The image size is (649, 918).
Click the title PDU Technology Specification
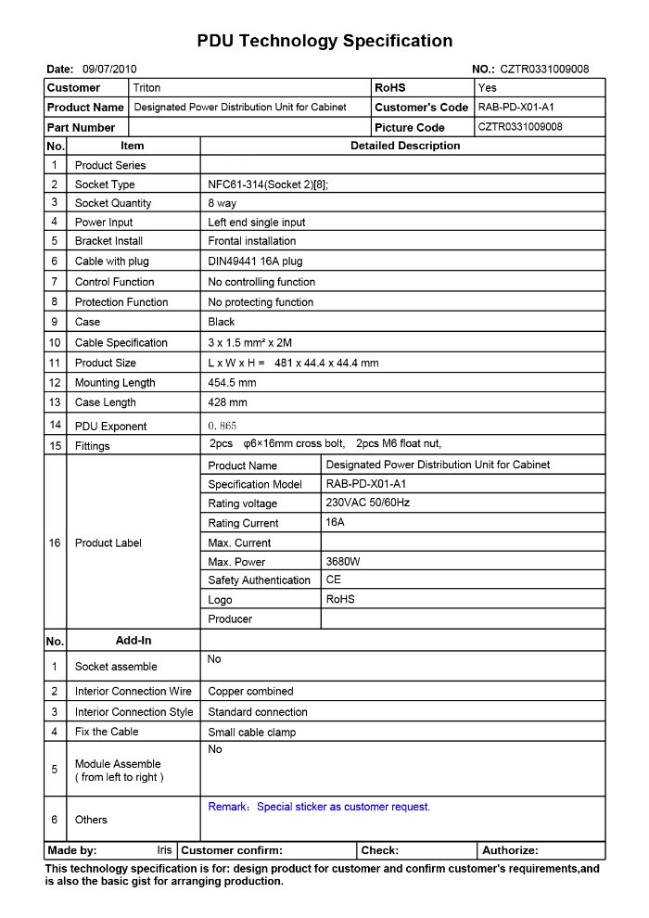pyautogui.click(x=324, y=41)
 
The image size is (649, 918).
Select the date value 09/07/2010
pyautogui.click(x=109, y=69)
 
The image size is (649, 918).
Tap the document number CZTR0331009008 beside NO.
pyautogui.click(x=544, y=69)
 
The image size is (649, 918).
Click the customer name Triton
pyautogui.click(x=147, y=88)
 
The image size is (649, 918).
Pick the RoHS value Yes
pyautogui.click(x=488, y=88)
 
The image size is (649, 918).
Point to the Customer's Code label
pyautogui.click(x=422, y=108)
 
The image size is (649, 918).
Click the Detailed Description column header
pyautogui.click(x=404, y=146)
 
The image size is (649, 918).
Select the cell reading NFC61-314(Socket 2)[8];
pyautogui.click(x=268, y=185)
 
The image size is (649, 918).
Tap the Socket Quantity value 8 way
pyautogui.click(x=223, y=203)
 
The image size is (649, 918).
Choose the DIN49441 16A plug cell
pyautogui.click(x=255, y=261)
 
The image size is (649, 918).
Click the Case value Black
pyautogui.click(x=222, y=322)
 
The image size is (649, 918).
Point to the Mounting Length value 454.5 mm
pyautogui.click(x=232, y=382)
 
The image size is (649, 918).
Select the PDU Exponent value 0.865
pyautogui.click(x=223, y=427)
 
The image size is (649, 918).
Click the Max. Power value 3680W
pyautogui.click(x=343, y=562)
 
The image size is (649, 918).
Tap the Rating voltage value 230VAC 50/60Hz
pyautogui.click(x=368, y=503)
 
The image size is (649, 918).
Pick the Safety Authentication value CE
pyautogui.click(x=334, y=580)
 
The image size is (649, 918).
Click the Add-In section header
pyautogui.click(x=134, y=641)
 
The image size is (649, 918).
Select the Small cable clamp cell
pyautogui.click(x=252, y=733)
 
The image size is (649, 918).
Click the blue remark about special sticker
pyautogui.click(x=319, y=807)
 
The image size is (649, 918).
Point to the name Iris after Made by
pyautogui.click(x=164, y=850)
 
